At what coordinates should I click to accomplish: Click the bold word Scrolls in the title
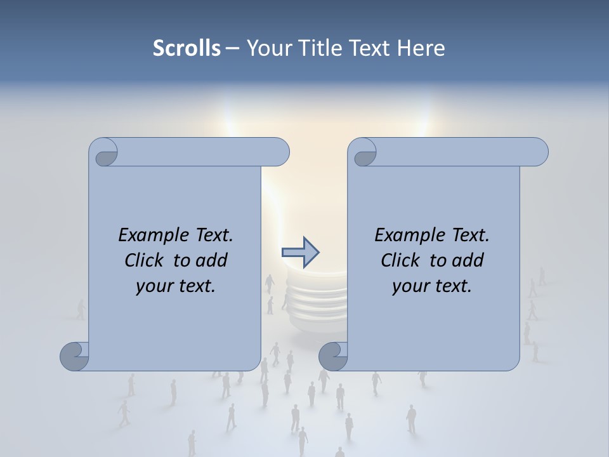tap(187, 48)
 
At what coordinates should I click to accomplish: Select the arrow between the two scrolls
tap(300, 252)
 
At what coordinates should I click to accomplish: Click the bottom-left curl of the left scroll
tap(74, 357)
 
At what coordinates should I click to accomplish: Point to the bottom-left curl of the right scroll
tap(333, 357)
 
